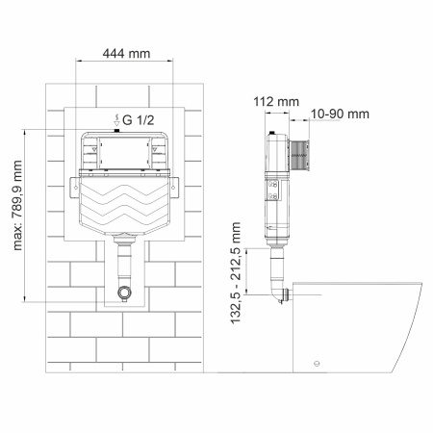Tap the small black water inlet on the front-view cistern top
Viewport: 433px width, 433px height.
pos(115,132)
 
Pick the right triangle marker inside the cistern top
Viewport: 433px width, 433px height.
pos(154,151)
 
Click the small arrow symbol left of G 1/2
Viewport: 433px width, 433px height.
pos(115,119)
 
